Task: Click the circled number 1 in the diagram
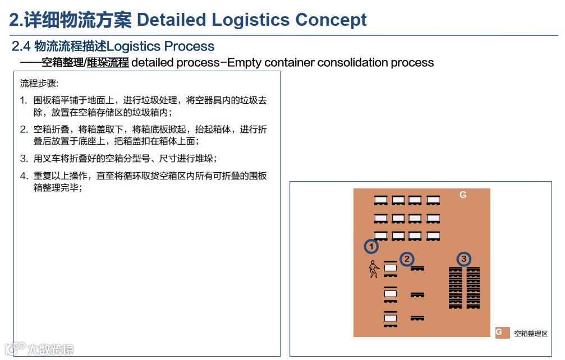[371, 246]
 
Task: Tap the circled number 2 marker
[407, 259]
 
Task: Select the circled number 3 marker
[463, 259]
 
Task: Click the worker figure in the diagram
[373, 270]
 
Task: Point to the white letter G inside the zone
[463, 195]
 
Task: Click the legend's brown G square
[501, 333]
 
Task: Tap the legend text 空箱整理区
[530, 334]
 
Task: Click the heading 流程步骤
[39, 84]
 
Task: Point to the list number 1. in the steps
[24, 100]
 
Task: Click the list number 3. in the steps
[24, 158]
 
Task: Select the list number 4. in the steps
[24, 176]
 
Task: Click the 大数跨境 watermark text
[50, 350]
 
